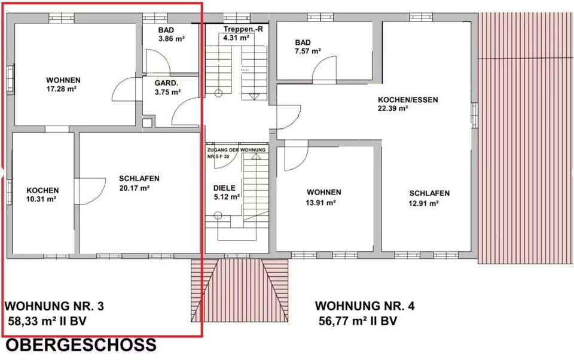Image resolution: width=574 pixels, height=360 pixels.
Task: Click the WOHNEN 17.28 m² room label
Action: point(63,84)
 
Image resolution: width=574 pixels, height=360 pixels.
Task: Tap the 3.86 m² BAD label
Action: point(170,34)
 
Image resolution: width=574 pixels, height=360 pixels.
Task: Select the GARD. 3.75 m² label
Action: point(167,87)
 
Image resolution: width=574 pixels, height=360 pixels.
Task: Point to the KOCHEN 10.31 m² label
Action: point(42,194)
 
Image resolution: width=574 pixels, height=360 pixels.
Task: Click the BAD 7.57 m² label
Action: point(307,47)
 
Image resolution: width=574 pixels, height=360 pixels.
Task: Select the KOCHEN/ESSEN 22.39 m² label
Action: point(399,104)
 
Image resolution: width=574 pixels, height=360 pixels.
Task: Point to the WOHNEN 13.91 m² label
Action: point(323,197)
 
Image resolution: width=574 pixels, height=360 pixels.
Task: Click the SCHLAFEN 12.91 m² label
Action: point(429,198)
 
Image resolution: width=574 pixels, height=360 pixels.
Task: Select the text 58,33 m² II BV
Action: point(48,321)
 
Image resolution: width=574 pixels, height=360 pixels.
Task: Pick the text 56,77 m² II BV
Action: point(358,321)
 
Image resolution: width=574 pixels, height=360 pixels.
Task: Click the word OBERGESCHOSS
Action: point(81,345)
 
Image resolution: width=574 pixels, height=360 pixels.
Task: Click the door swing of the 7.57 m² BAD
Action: point(322,72)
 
